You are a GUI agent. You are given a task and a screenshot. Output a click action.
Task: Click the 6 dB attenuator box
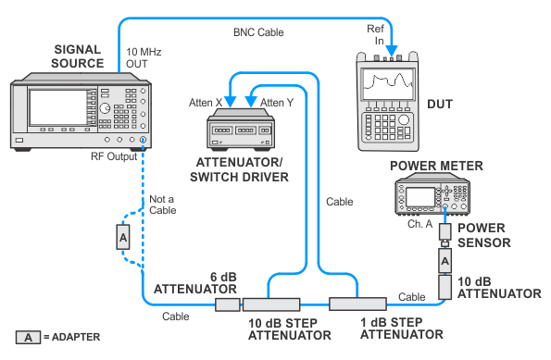(x=228, y=304)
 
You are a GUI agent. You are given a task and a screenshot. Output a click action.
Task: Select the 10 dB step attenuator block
(x=271, y=304)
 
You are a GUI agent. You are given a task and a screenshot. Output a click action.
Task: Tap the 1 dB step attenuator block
(x=357, y=304)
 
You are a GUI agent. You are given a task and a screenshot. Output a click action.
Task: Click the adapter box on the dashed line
(x=123, y=237)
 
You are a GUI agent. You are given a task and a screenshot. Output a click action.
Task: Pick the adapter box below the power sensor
(x=445, y=261)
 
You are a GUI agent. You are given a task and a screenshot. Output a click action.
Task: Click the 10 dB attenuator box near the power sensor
(x=445, y=287)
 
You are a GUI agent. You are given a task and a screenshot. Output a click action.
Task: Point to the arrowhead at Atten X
(x=231, y=101)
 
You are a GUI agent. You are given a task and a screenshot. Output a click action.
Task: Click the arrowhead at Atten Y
(x=251, y=101)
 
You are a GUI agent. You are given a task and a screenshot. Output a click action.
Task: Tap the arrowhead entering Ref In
(x=392, y=51)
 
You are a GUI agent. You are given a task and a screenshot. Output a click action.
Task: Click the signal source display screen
(x=58, y=107)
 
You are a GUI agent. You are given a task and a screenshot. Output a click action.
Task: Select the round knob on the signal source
(x=105, y=108)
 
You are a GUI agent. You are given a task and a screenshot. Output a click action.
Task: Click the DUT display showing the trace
(x=388, y=84)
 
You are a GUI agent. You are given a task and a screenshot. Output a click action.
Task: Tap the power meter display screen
(x=420, y=197)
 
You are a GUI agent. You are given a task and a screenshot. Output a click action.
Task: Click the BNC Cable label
(x=258, y=32)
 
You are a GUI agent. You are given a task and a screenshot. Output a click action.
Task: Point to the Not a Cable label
(x=163, y=205)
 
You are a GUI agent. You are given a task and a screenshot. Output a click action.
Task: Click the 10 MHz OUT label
(x=144, y=58)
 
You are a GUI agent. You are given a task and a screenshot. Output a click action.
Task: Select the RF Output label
(x=114, y=156)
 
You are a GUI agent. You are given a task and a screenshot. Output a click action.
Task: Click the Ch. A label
(x=420, y=224)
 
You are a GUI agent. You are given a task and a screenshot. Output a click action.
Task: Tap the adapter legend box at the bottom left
(x=28, y=337)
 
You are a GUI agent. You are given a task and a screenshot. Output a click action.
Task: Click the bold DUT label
(x=440, y=104)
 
